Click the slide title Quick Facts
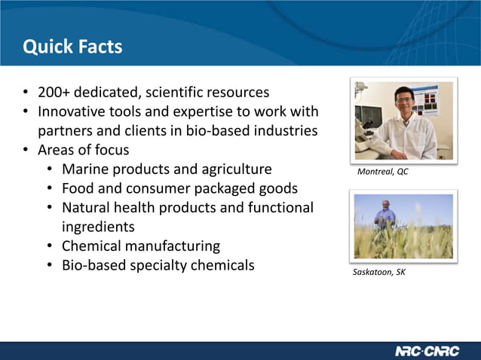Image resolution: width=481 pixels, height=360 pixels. (72, 47)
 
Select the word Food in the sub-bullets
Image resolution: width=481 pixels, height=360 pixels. (78, 188)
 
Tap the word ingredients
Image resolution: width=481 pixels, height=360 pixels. (98, 227)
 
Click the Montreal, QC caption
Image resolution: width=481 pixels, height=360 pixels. (382, 172)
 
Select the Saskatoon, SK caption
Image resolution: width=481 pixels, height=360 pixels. (379, 272)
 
